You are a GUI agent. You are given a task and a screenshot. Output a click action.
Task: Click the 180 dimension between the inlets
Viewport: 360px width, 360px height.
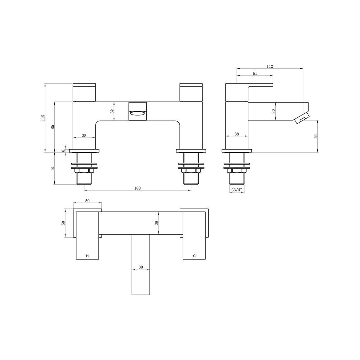[137, 188]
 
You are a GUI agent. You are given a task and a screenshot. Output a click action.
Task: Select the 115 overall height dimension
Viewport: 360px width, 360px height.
[43, 118]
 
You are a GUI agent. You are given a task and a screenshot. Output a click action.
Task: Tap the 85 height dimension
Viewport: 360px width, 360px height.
[53, 127]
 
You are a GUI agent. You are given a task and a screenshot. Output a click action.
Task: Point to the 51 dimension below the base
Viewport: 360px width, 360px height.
[53, 168]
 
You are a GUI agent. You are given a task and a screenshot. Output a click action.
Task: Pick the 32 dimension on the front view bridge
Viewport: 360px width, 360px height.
[112, 111]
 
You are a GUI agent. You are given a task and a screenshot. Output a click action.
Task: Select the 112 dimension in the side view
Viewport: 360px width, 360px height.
[270, 66]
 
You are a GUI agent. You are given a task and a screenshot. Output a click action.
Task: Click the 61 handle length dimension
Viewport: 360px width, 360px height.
[255, 73]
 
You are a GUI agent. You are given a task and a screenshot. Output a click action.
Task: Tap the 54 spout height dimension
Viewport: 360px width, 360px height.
[315, 136]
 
